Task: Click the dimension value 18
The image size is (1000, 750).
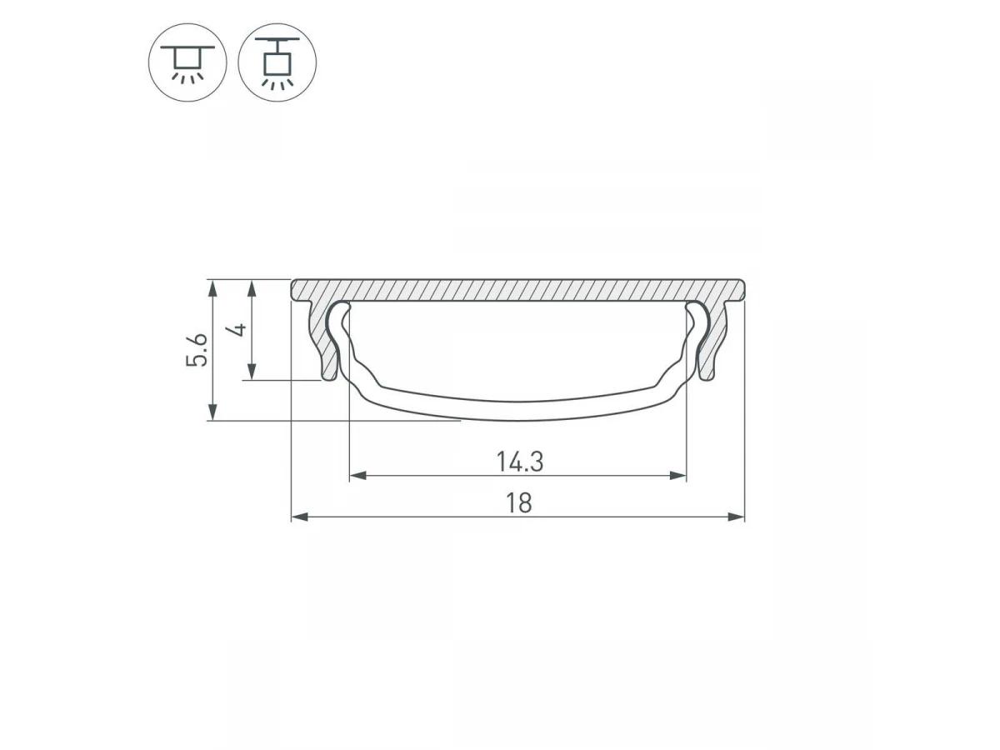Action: pyautogui.click(x=519, y=503)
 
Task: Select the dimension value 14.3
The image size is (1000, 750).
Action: pyautogui.click(x=519, y=462)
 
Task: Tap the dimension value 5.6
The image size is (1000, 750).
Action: pyautogui.click(x=197, y=350)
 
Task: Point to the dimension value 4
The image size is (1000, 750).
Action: pyautogui.click(x=239, y=329)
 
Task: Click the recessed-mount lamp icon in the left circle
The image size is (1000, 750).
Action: pyautogui.click(x=187, y=62)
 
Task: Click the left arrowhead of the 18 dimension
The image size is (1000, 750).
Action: pyautogui.click(x=300, y=517)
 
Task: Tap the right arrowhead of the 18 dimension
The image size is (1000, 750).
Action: pyautogui.click(x=736, y=517)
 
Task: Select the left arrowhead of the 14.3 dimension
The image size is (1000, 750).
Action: pyautogui.click(x=357, y=476)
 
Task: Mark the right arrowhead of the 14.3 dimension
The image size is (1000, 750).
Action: pyautogui.click(x=677, y=476)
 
